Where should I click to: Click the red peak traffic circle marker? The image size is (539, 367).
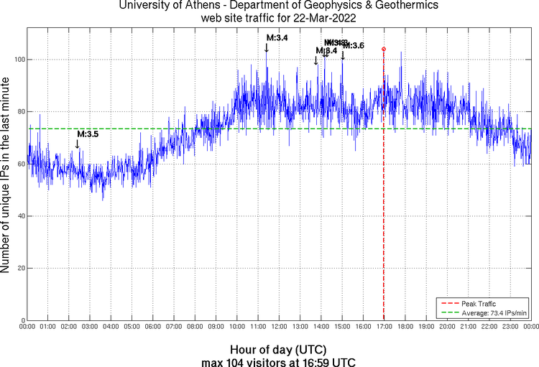click(x=384, y=49)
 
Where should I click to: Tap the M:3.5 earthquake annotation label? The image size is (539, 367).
click(x=88, y=134)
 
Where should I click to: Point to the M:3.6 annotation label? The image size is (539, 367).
click(x=354, y=46)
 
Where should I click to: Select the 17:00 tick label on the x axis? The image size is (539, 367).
click(x=384, y=327)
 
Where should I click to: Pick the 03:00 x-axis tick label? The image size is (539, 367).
click(x=90, y=327)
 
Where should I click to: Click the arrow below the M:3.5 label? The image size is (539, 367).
click(x=78, y=144)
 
